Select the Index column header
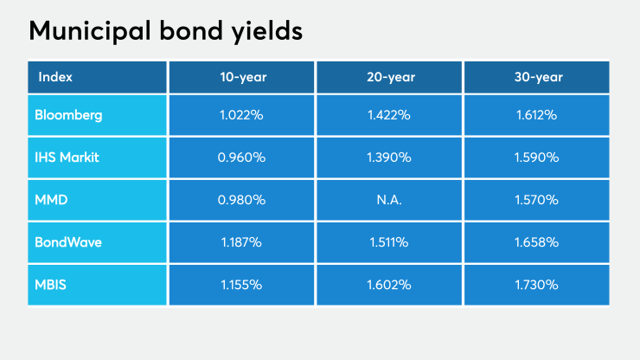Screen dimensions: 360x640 [55, 77]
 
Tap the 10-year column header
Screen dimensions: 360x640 [242, 77]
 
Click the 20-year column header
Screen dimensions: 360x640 [389, 77]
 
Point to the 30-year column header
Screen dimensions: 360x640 [538, 77]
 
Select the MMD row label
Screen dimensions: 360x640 [52, 200]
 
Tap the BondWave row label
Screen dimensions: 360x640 [68, 242]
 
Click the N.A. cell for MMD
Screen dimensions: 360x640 [389, 200]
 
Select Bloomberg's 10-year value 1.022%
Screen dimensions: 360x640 [242, 115]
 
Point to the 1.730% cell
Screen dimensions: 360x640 [538, 284]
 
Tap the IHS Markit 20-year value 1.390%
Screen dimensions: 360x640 [389, 157]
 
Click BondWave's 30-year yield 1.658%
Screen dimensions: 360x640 [538, 242]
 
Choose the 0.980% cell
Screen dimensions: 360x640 [242, 200]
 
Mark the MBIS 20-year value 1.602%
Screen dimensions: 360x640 [389, 284]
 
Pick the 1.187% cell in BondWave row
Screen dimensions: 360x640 [242, 242]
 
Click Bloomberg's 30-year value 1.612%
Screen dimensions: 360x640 [538, 115]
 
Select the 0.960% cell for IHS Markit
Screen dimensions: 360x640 [242, 157]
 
